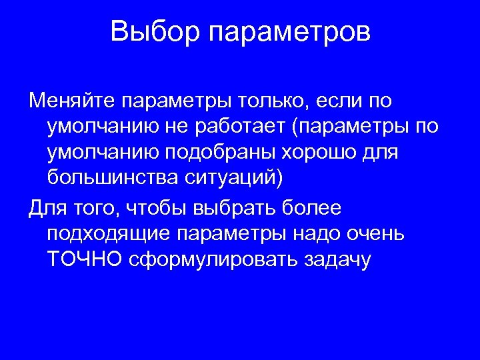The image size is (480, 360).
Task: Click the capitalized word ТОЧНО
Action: pyautogui.click(x=85, y=259)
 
